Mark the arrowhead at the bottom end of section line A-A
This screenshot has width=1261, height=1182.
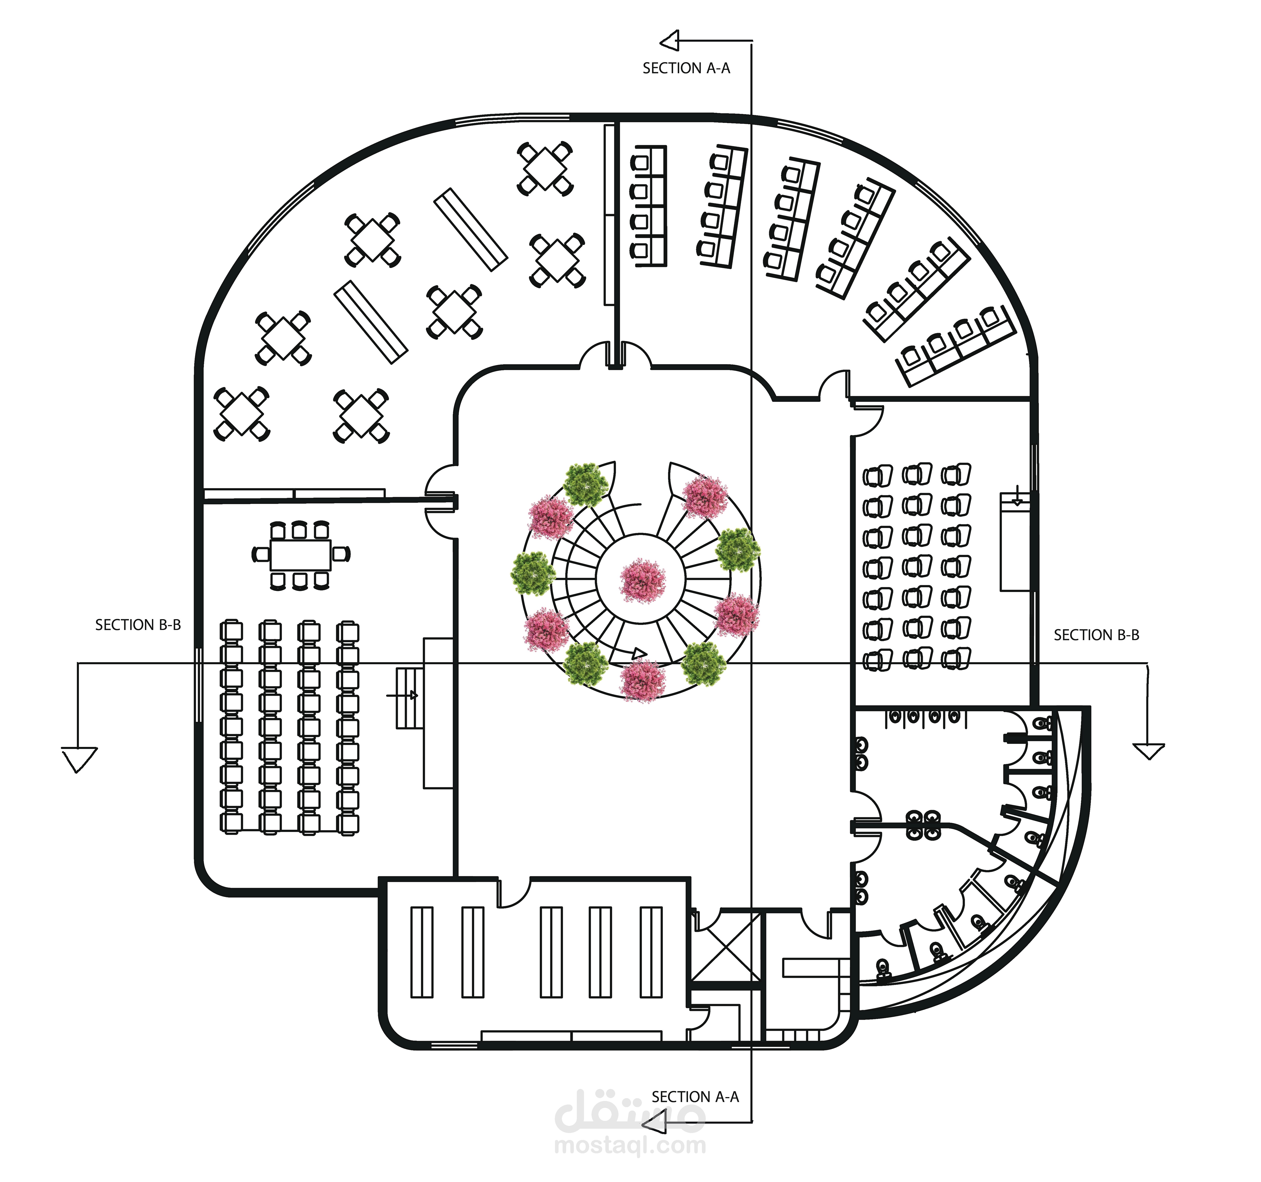click(654, 1123)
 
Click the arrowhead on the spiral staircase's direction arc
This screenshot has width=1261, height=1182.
click(639, 653)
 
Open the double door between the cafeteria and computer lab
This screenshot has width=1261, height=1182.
click(615, 355)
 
